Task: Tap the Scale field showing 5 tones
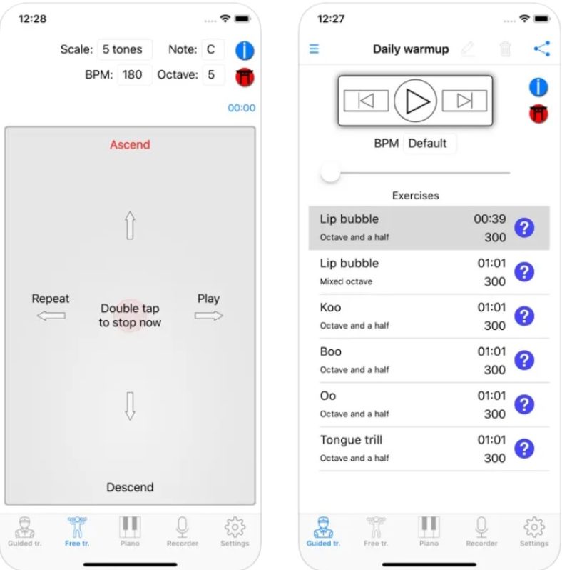pyautogui.click(x=125, y=49)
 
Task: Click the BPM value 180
pyautogui.click(x=133, y=74)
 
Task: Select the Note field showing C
pyautogui.click(x=212, y=49)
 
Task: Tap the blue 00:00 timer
pyautogui.click(x=241, y=108)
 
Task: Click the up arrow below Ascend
pyautogui.click(x=130, y=226)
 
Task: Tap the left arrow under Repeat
pyautogui.click(x=51, y=316)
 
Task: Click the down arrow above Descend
pyautogui.click(x=130, y=405)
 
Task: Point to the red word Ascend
pyautogui.click(x=130, y=145)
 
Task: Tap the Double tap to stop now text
pyautogui.click(x=130, y=316)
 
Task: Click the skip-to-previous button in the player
pyautogui.click(x=366, y=101)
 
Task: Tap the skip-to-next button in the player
pyautogui.click(x=464, y=101)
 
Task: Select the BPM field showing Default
pyautogui.click(x=428, y=143)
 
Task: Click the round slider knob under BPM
pyautogui.click(x=330, y=172)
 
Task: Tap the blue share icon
pyautogui.click(x=542, y=49)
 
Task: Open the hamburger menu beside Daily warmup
pyautogui.click(x=314, y=49)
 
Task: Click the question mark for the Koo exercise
pyautogui.click(x=524, y=316)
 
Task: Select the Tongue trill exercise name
pyautogui.click(x=351, y=440)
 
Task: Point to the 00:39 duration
pyautogui.click(x=490, y=219)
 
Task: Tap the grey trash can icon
pyautogui.click(x=505, y=49)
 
